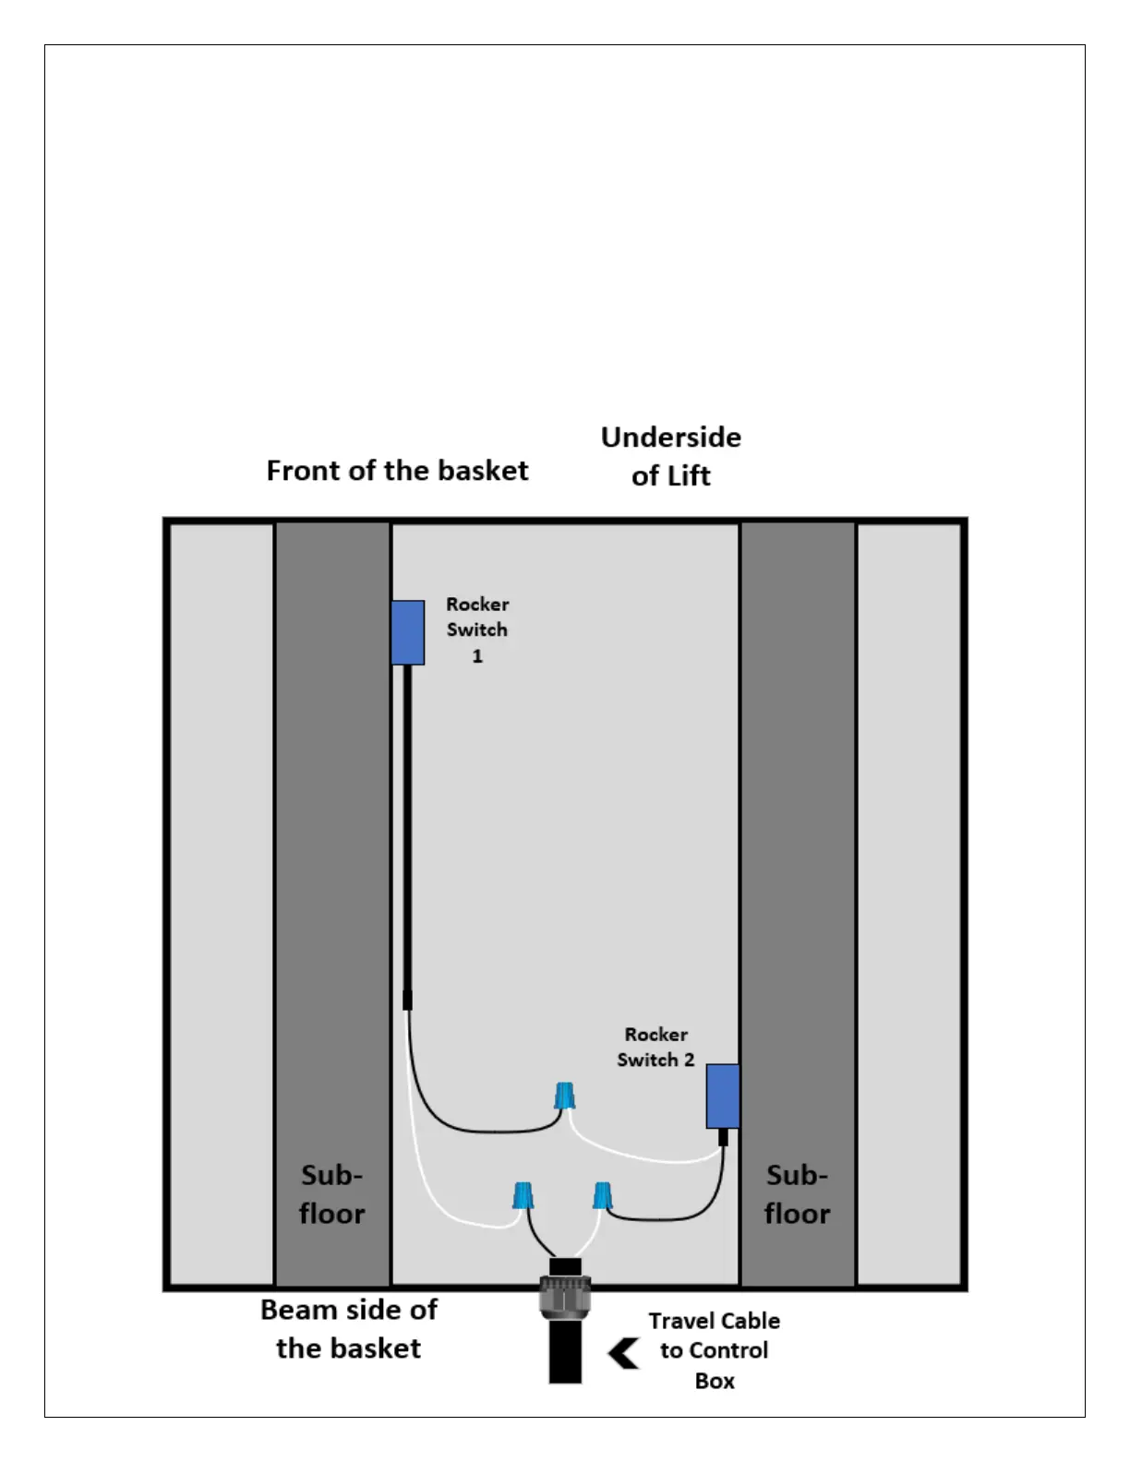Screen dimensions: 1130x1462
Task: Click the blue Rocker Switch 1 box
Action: pyautogui.click(x=407, y=632)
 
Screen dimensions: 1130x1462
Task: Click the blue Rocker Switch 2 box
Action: pyautogui.click(x=723, y=1096)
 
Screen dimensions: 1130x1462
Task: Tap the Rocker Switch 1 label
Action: pyautogui.click(x=477, y=629)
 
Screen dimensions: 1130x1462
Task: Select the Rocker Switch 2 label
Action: pyautogui.click(x=655, y=1047)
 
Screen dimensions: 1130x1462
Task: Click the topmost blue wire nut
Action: pyautogui.click(x=565, y=1096)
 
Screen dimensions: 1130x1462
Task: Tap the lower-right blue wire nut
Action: pyautogui.click(x=602, y=1195)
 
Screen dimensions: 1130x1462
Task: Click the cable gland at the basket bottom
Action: pyautogui.click(x=565, y=1296)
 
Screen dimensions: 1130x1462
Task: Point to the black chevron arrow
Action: pyautogui.click(x=624, y=1353)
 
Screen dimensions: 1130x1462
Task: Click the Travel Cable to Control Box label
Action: pyautogui.click(x=714, y=1350)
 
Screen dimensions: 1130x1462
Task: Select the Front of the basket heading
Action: pyautogui.click(x=397, y=471)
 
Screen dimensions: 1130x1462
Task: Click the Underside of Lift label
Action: pyautogui.click(x=671, y=456)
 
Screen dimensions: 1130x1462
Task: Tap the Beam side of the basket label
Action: pyautogui.click(x=349, y=1328)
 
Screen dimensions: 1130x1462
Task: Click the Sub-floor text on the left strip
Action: pyautogui.click(x=331, y=1193)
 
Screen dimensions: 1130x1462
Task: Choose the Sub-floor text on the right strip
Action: pyautogui.click(x=797, y=1193)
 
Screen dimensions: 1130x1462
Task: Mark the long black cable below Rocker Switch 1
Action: pyautogui.click(x=407, y=831)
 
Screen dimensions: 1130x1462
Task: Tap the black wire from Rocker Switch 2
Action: pyautogui.click(x=683, y=1217)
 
